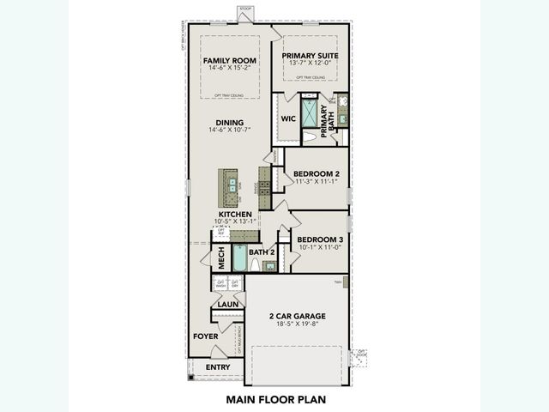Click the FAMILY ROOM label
click(224, 61)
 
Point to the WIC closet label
click(288, 120)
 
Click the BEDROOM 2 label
click(317, 173)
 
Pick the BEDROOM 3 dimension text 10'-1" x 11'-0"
click(319, 247)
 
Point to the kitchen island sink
click(232, 183)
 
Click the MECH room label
click(220, 255)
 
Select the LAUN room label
click(227, 304)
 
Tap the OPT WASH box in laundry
click(220, 284)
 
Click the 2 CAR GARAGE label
click(296, 316)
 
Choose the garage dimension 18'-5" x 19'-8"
click(296, 325)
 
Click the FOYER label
click(205, 336)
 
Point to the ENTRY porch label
click(218, 367)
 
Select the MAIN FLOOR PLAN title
click(275, 399)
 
